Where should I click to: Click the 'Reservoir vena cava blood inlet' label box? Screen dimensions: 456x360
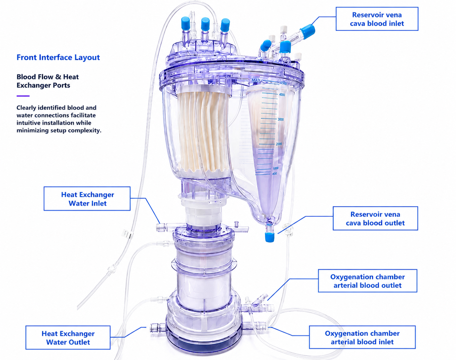(377, 19)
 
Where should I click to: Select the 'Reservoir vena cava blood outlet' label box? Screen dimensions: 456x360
(375, 218)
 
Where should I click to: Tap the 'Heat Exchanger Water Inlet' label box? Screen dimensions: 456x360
(87, 198)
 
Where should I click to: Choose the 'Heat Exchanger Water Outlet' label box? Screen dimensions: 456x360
(68, 337)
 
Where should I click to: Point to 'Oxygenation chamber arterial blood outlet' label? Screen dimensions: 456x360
(367, 281)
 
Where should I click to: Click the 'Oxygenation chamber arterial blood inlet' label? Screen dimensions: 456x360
(362, 337)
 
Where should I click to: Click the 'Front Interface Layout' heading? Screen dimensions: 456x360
(58, 58)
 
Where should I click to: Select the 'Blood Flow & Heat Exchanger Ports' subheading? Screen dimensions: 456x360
(48, 81)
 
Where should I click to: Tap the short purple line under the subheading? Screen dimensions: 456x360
(23, 96)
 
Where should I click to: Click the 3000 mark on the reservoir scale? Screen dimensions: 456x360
(281, 120)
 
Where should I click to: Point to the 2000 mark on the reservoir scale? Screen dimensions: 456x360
(279, 144)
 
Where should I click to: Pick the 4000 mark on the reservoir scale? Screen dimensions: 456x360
(282, 95)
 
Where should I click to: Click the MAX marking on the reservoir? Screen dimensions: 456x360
(256, 80)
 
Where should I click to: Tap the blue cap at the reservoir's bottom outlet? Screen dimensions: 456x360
(270, 237)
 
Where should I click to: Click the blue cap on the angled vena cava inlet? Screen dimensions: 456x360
(308, 31)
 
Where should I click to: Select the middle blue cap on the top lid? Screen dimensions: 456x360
(205, 24)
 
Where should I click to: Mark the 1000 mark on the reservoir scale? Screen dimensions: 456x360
(275, 168)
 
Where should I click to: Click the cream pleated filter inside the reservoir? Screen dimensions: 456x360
(203, 132)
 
